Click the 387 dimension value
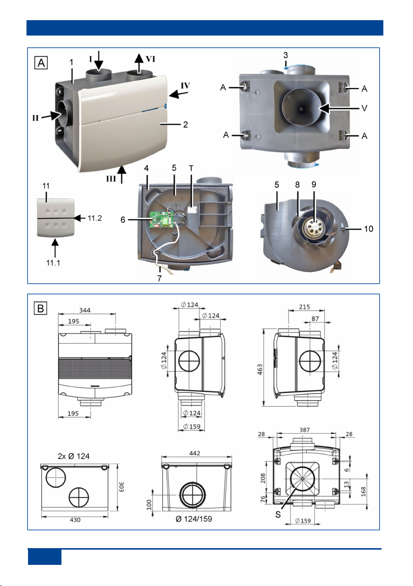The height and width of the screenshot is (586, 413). [x=304, y=429]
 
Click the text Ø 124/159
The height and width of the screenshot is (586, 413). [x=195, y=519]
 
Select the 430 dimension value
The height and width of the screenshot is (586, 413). [x=74, y=519]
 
